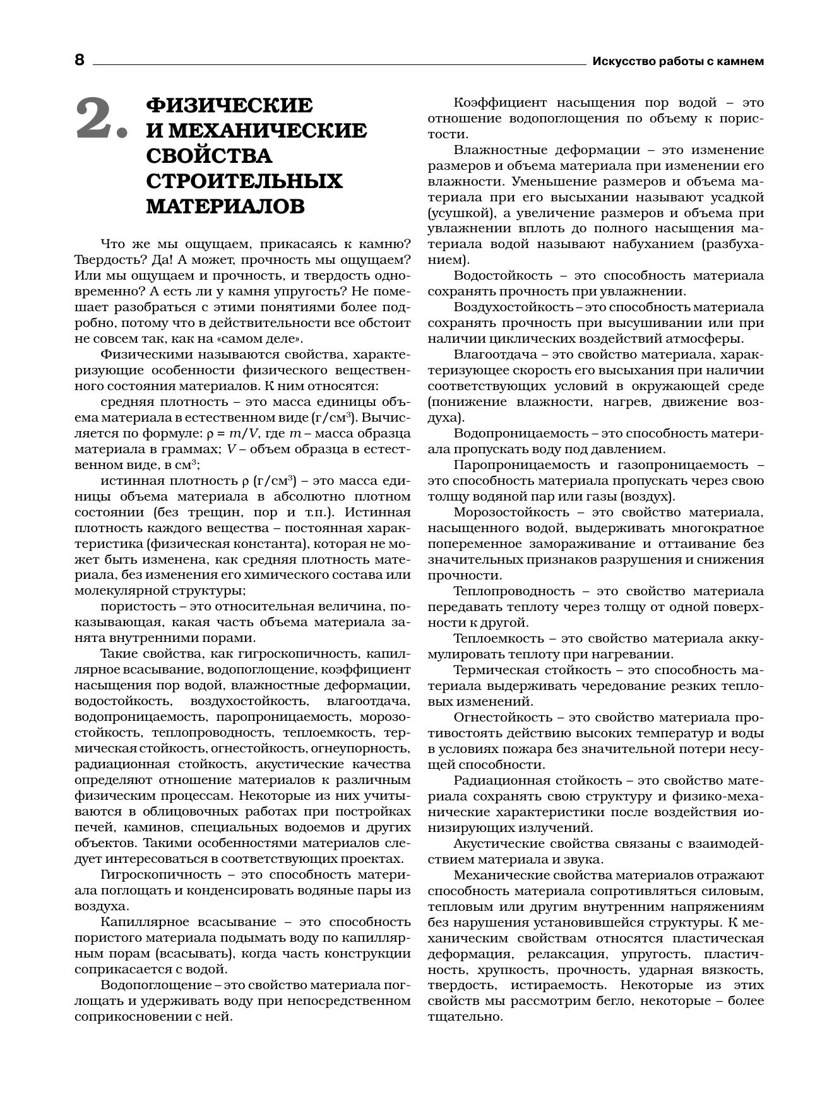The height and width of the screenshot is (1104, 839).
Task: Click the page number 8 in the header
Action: click(79, 61)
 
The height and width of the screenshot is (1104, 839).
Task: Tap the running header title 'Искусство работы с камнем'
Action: click(678, 61)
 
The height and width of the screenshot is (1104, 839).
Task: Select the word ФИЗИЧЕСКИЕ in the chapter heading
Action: click(229, 105)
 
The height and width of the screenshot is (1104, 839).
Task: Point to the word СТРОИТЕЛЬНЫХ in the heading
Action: click(244, 181)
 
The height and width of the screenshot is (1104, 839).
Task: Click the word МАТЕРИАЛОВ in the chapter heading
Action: click(225, 206)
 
